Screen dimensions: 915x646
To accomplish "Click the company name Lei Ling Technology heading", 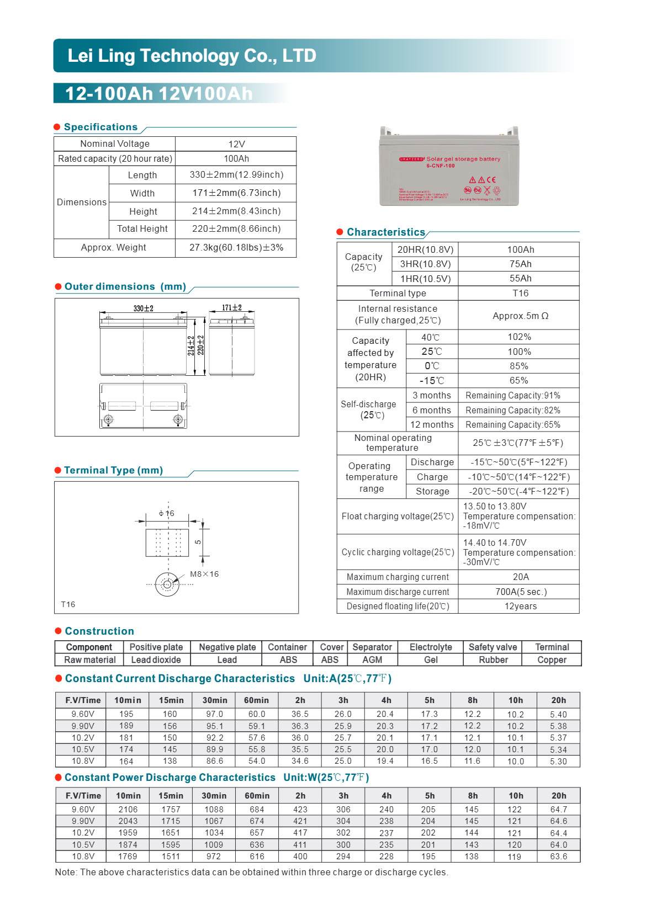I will coord(192,56).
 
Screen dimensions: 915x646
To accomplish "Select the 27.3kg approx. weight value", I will coord(236,248).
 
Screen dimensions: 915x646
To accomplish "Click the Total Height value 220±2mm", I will coord(236,229).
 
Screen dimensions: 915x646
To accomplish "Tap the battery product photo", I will coord(449,166).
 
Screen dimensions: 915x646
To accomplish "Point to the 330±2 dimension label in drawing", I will coord(143,308).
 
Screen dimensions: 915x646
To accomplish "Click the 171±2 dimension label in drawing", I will coord(232,308).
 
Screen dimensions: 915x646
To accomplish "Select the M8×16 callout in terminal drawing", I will coord(204,574).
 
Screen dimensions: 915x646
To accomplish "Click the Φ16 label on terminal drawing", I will coord(166,513).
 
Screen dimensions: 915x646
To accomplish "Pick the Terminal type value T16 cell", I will coord(520,294).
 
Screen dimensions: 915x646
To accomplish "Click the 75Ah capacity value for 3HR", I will coord(520,264).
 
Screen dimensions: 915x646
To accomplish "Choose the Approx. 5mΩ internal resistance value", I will coord(520,316).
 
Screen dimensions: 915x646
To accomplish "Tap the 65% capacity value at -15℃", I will coord(519,381).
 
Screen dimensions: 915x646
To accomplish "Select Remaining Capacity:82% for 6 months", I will coord(513,411).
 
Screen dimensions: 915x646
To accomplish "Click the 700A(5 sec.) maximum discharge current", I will coord(520,592).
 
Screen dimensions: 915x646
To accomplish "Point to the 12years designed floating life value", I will coord(520,607).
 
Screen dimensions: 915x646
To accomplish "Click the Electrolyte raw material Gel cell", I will coord(431,660).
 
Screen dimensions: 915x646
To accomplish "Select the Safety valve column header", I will coord(493,647).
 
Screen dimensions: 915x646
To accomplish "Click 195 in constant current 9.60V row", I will coord(126,714).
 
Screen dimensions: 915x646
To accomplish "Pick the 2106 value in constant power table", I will coord(128,810).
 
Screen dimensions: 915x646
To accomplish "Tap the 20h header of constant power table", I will coord(559,796).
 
